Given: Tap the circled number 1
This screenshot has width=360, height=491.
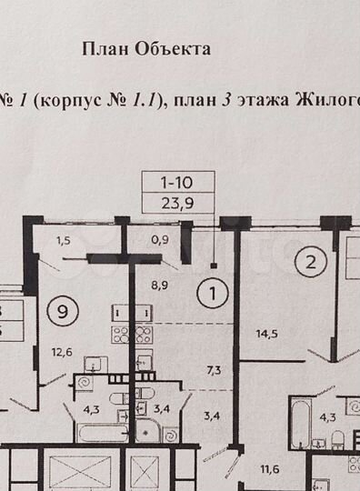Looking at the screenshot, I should pos(213,295).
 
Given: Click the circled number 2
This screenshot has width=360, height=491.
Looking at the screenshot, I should pos(311,263).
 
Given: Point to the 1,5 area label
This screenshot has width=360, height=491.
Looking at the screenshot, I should pos(63,241).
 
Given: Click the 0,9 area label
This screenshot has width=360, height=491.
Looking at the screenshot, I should pos(160,241).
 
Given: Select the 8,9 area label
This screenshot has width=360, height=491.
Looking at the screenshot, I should pos(160,284).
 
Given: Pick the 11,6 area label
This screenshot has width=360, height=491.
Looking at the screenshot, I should pos(268,469).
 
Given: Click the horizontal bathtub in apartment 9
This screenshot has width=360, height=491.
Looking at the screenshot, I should pos(100,433).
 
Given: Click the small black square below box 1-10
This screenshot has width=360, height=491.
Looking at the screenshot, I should pos(214,266).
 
